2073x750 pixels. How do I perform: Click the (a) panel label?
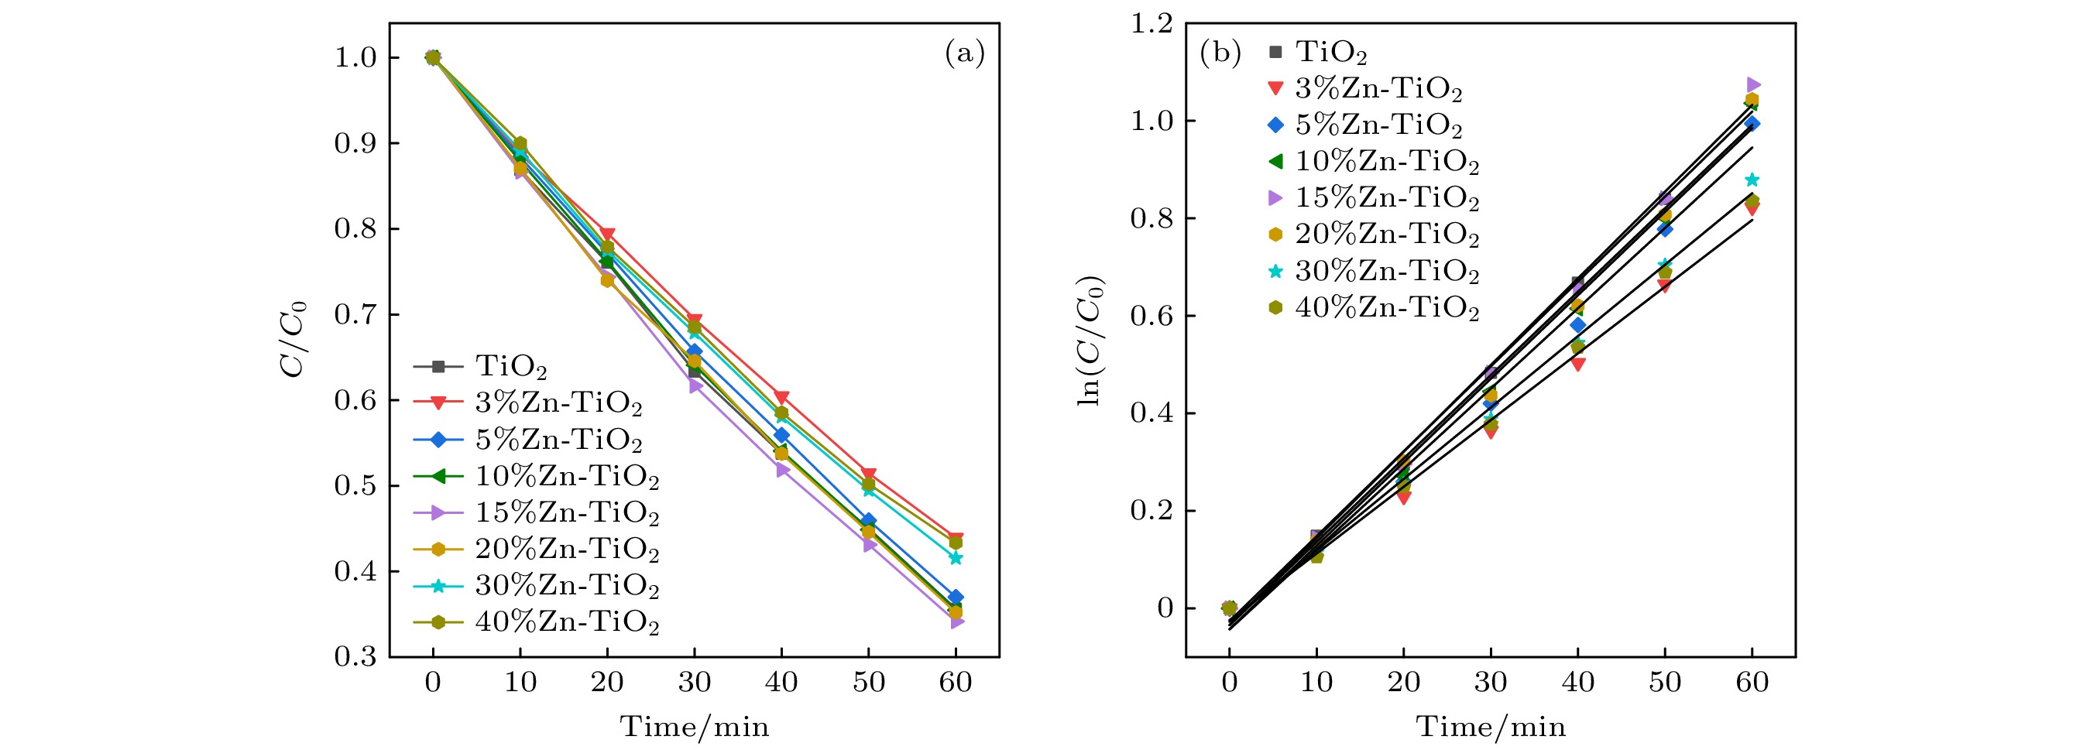point(964,54)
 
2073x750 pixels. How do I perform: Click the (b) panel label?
point(1220,54)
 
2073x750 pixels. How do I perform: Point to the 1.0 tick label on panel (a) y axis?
point(355,58)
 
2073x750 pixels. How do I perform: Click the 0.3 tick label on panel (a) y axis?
point(355,657)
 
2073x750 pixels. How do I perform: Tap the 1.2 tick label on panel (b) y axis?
point(1151,24)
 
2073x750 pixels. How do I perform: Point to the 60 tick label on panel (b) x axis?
point(1752,683)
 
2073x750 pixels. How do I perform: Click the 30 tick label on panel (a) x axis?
point(695,683)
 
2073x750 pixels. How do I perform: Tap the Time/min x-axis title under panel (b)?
point(1491,728)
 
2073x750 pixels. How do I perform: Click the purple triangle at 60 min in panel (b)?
point(1753,84)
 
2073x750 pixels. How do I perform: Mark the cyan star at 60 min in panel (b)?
point(1752,180)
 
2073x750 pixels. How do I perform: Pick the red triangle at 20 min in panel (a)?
point(608,235)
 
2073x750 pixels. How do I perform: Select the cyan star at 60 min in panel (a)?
point(956,558)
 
